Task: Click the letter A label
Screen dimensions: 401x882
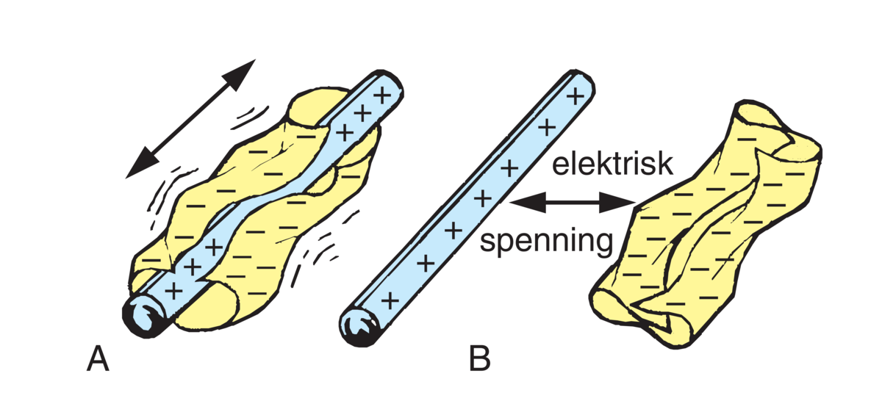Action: pos(98,359)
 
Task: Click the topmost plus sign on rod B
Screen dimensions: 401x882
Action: pos(576,95)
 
